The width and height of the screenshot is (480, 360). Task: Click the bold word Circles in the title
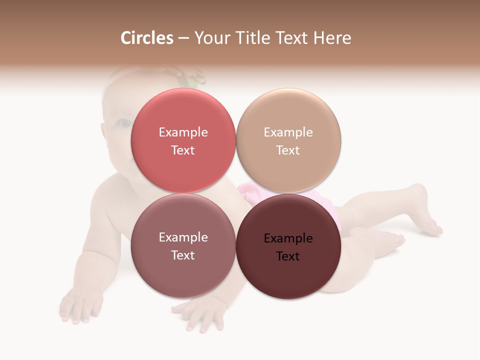(146, 38)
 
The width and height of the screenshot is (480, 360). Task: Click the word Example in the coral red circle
(183, 132)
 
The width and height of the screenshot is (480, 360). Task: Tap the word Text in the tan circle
(288, 150)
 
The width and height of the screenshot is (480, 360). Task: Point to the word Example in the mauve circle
(183, 237)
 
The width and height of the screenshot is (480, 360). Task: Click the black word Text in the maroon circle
(288, 256)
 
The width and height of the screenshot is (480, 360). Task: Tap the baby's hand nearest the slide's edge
(80, 305)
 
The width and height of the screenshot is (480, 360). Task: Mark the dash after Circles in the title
(183, 38)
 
